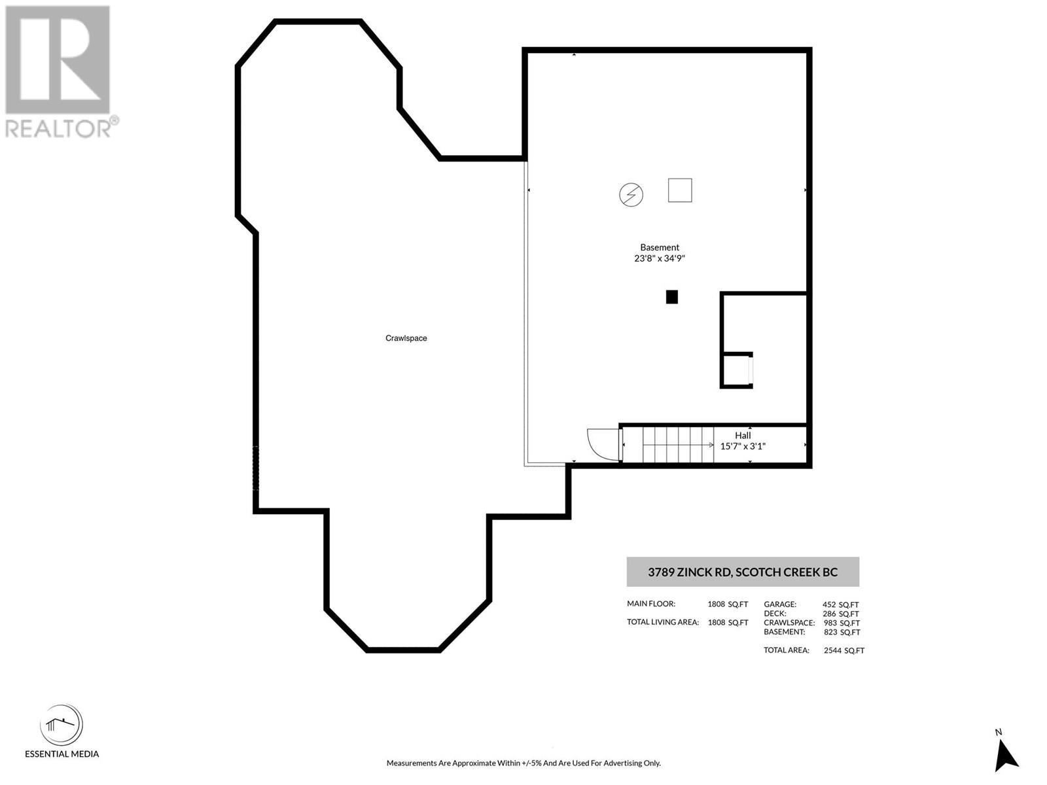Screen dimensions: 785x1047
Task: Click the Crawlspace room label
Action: point(406,338)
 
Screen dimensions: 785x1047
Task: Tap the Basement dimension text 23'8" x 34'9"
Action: point(660,258)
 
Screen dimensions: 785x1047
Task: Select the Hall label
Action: point(743,435)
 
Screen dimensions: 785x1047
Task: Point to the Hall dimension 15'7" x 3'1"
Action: point(743,446)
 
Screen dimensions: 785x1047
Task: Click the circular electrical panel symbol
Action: point(631,194)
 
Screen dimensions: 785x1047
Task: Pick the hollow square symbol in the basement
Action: point(680,190)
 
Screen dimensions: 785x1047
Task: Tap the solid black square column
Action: point(671,297)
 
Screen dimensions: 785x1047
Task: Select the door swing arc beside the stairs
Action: point(601,443)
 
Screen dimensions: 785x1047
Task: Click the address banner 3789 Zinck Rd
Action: point(743,572)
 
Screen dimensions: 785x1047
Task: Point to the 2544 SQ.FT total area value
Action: point(844,650)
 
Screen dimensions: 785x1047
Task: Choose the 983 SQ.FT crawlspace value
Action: point(842,623)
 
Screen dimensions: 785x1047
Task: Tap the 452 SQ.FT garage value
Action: point(840,604)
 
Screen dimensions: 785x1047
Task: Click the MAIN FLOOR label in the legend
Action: point(650,604)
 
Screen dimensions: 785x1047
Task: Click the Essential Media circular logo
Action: point(62,725)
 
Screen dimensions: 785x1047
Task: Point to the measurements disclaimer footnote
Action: point(523,763)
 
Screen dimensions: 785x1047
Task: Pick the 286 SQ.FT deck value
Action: point(840,614)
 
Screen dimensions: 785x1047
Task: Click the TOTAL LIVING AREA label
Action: point(662,622)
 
